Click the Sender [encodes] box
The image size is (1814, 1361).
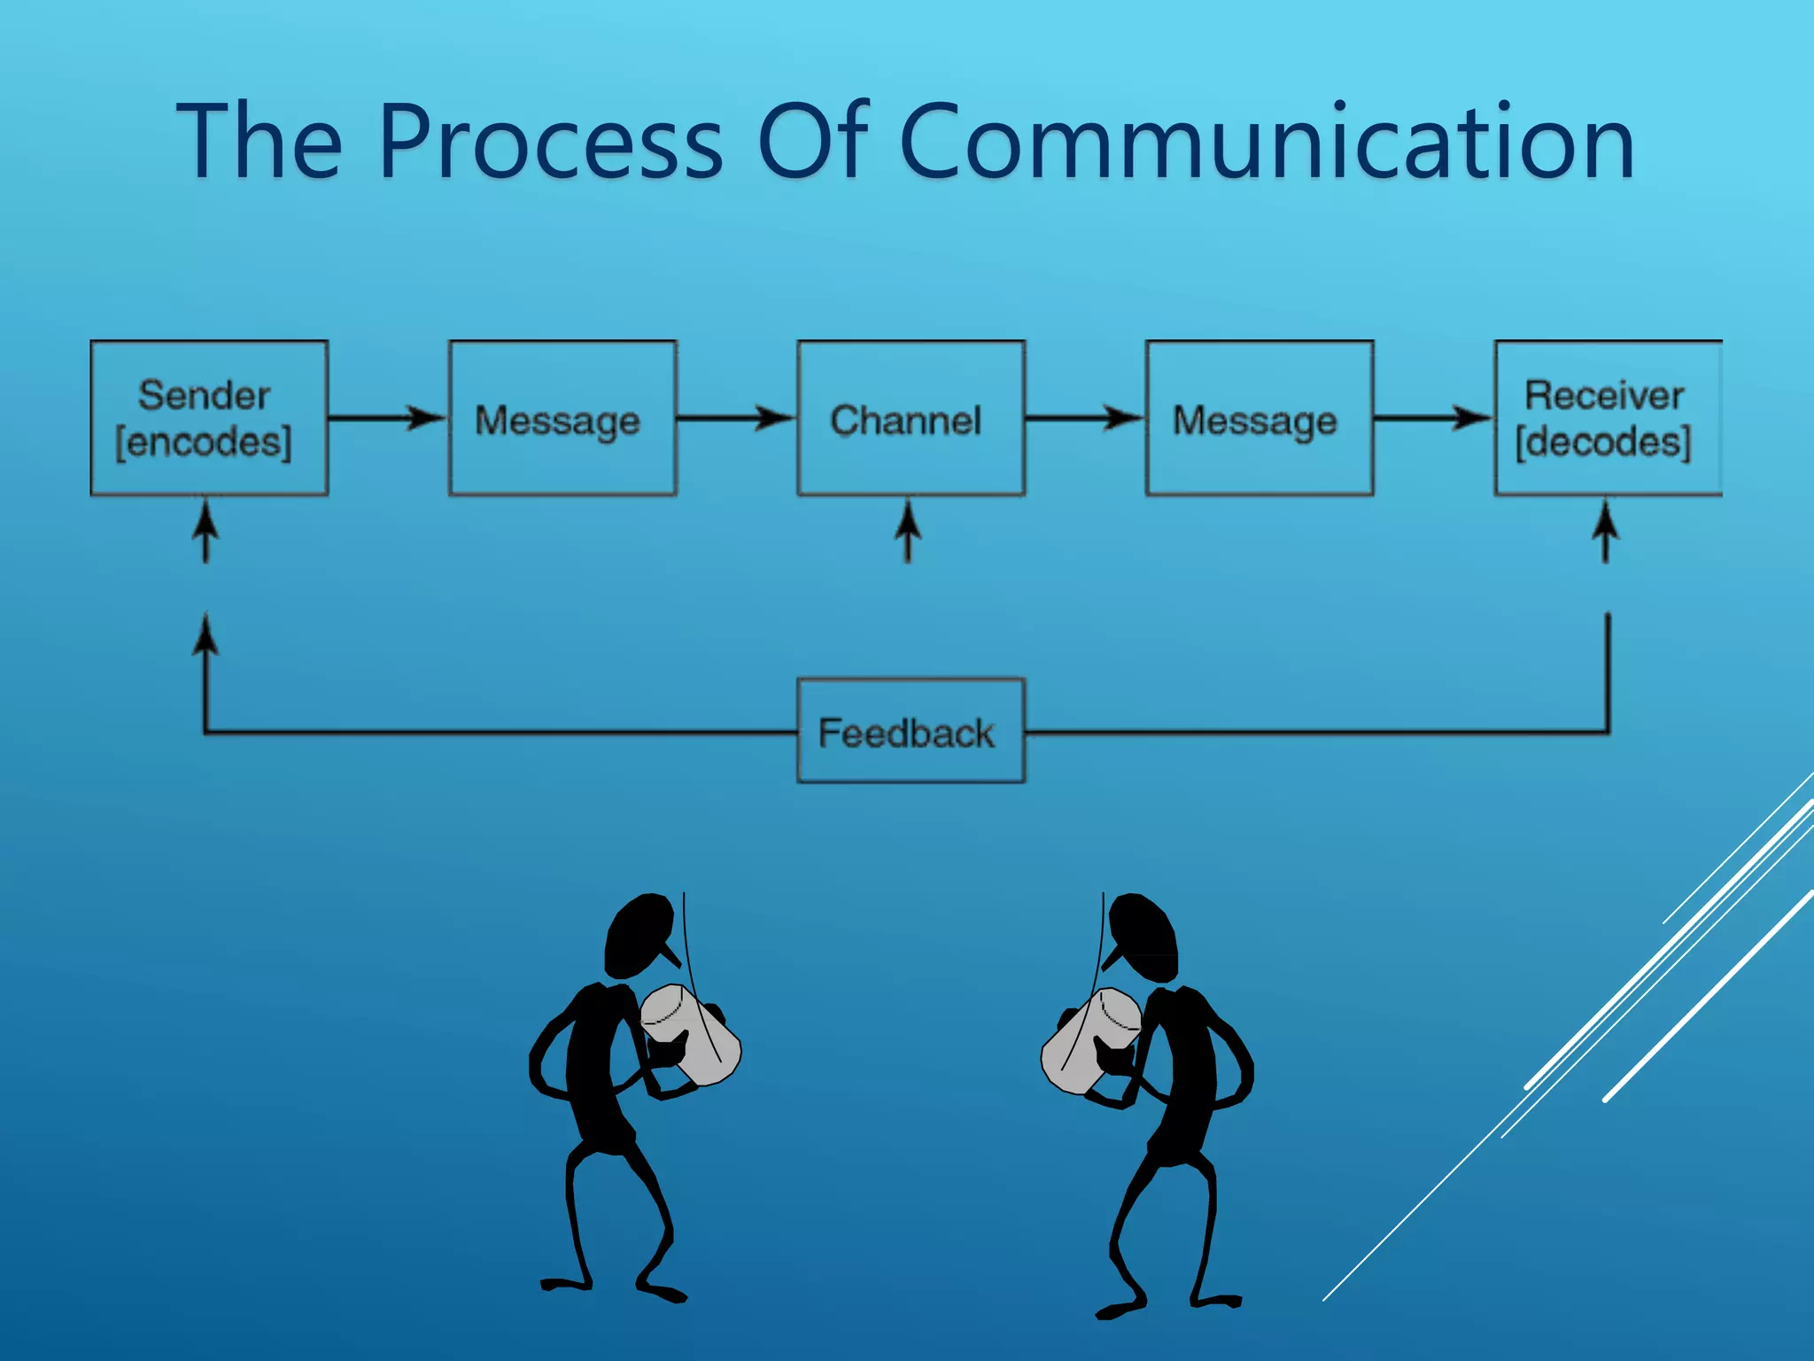209,418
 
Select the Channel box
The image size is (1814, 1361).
911,418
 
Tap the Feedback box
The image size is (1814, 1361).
911,732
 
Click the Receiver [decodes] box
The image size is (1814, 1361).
1607,418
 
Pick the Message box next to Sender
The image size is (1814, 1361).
562,418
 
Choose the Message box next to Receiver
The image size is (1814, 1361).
1259,418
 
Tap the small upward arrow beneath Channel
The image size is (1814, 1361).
907,531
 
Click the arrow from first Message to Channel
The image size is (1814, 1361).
736,417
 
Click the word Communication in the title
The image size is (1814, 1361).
1266,142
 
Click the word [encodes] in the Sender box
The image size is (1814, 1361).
204,441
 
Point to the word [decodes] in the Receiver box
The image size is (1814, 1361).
1603,441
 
